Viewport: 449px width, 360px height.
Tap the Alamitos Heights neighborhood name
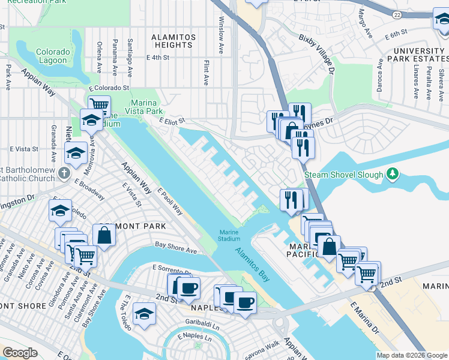click(173, 41)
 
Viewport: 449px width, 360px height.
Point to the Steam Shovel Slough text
click(343, 175)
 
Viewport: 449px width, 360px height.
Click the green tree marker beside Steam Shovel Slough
click(393, 174)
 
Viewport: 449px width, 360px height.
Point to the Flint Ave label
click(206, 71)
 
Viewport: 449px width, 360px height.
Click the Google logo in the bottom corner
click(20, 353)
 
